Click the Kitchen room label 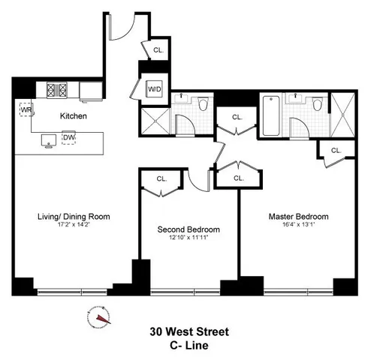point(74,116)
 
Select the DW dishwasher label point(68,137)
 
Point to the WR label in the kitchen point(26,109)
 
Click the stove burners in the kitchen point(57,90)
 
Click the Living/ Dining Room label point(74,217)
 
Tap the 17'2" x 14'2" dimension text point(74,225)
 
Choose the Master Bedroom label point(299,217)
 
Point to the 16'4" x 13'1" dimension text point(299,225)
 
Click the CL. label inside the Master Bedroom point(336,150)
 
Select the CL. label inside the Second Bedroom point(161,178)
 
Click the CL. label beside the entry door point(158,50)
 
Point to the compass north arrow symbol point(99,316)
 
